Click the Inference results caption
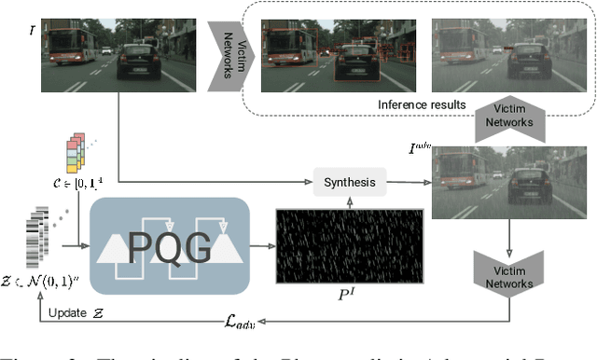point(422,104)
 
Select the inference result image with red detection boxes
point(320,55)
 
